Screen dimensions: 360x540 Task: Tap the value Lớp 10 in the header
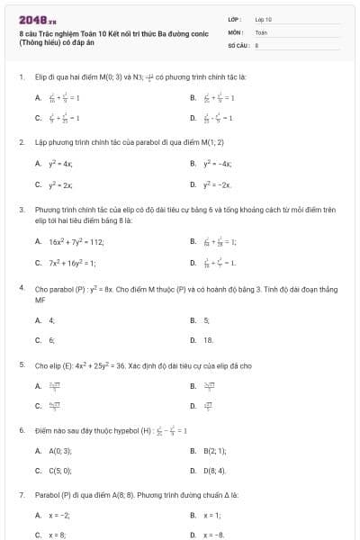click(264, 18)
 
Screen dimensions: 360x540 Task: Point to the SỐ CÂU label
click(238, 44)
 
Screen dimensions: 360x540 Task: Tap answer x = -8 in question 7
click(215, 535)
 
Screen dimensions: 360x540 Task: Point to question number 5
click(21, 366)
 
